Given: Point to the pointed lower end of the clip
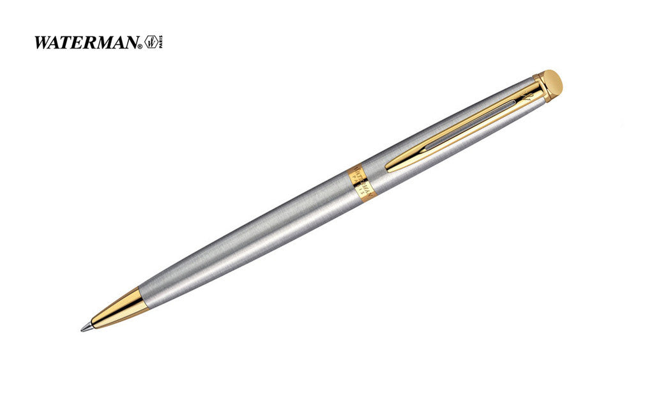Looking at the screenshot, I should (x=391, y=169).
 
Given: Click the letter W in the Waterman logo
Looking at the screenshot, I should (x=43, y=43).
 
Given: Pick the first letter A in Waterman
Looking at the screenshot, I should (x=57, y=43).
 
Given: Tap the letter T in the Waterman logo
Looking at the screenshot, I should (x=68, y=43).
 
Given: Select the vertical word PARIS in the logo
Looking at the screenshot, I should (x=160, y=42).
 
